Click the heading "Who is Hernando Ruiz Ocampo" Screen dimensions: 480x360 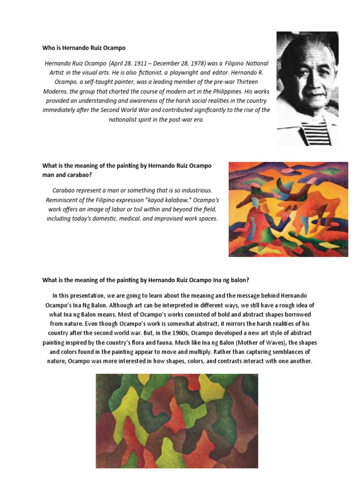coord(84,48)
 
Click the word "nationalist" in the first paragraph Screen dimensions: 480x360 coord(125,120)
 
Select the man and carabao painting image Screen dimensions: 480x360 coord(288,209)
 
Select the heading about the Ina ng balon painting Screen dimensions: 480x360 coord(145,280)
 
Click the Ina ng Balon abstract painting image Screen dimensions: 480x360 coord(177,420)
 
